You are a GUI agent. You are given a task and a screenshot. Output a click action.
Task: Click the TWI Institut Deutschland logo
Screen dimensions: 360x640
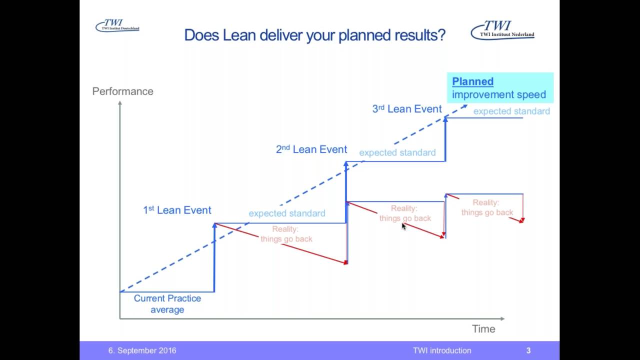tap(117, 26)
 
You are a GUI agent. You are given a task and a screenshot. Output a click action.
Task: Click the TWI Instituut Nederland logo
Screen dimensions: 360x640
tap(502, 29)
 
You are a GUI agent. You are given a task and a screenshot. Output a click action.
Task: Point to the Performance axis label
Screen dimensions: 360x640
tap(122, 91)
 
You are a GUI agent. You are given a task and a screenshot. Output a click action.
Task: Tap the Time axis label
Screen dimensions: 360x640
tap(483, 329)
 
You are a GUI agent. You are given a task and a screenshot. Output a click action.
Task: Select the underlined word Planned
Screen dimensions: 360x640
tap(472, 81)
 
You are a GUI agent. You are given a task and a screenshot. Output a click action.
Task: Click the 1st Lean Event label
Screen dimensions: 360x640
tap(177, 210)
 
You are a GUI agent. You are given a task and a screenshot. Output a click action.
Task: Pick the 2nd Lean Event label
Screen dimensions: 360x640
tap(311, 149)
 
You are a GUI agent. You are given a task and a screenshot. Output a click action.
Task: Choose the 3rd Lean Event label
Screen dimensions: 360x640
tap(407, 109)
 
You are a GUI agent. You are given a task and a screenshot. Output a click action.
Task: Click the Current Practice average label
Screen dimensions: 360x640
tap(167, 304)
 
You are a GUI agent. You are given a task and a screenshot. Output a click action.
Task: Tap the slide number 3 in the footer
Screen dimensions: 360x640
tap(528, 350)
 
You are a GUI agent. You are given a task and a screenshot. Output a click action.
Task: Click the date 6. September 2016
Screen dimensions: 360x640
tap(142, 350)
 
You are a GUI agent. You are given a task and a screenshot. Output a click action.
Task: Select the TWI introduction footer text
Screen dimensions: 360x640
tap(442, 350)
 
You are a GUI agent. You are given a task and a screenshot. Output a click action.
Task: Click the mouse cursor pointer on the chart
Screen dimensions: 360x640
tap(404, 226)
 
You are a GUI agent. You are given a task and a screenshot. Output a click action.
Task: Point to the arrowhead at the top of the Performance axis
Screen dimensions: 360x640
tap(120, 103)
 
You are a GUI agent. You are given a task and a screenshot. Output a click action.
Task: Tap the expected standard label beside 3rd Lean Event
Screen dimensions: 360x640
tap(511, 111)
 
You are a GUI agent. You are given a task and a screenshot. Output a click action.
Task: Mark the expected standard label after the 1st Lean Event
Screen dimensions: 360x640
tap(287, 213)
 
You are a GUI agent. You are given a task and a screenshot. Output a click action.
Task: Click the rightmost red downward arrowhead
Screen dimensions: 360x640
tap(522, 220)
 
